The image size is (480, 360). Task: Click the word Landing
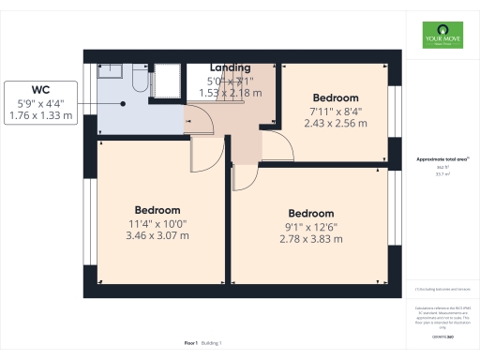[x=230, y=68]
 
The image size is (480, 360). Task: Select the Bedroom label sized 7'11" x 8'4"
[x=336, y=98]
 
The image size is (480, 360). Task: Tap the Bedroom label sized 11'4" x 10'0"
[x=157, y=209]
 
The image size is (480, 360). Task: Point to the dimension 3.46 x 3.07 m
[x=157, y=235]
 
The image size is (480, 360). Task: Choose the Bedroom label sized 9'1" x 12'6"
[x=311, y=214]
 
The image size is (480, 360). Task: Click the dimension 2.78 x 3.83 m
[x=311, y=240]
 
